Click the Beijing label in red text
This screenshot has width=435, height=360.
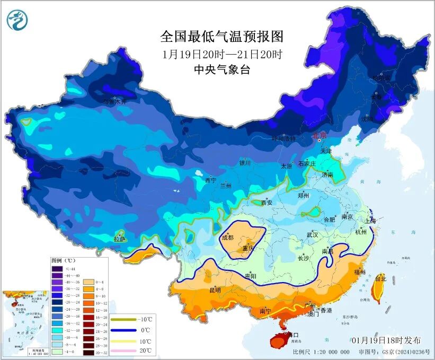(x=320, y=136)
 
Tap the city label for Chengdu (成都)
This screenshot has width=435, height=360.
(x=228, y=238)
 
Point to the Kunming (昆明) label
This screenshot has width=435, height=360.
(x=215, y=290)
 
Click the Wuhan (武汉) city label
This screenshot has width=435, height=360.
(x=312, y=234)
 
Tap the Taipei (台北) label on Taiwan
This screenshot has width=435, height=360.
(x=381, y=278)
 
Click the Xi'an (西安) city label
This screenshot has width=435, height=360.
(x=267, y=203)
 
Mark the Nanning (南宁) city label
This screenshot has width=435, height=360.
(x=267, y=311)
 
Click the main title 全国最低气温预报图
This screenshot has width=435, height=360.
(x=222, y=37)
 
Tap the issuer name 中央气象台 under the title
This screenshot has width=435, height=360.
(x=222, y=69)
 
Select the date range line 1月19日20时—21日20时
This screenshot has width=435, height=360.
(x=222, y=54)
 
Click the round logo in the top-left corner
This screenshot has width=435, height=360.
(x=17, y=20)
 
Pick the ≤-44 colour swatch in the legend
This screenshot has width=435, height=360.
(x=57, y=269)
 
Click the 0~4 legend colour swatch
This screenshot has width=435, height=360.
(x=86, y=282)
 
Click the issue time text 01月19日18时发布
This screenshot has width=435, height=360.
(x=386, y=340)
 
